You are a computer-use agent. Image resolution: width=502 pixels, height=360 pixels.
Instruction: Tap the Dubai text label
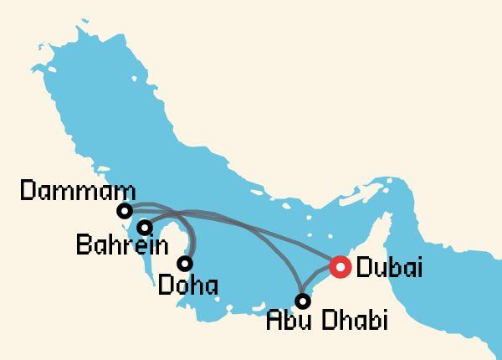click(x=389, y=268)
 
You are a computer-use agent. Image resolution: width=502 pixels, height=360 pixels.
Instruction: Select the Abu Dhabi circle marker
click(x=304, y=299)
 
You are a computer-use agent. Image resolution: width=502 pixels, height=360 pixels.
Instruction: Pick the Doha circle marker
click(x=185, y=263)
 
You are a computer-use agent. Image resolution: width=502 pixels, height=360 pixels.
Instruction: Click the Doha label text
click(x=188, y=285)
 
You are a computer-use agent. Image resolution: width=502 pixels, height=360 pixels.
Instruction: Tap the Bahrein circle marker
click(x=145, y=227)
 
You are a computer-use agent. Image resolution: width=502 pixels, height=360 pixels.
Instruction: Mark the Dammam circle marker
click(x=125, y=210)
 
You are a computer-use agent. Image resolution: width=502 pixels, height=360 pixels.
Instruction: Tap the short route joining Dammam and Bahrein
click(x=135, y=219)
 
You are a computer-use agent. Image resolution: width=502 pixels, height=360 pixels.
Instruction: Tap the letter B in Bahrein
click(x=83, y=247)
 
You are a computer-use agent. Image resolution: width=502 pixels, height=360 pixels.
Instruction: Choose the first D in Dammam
click(x=27, y=192)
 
